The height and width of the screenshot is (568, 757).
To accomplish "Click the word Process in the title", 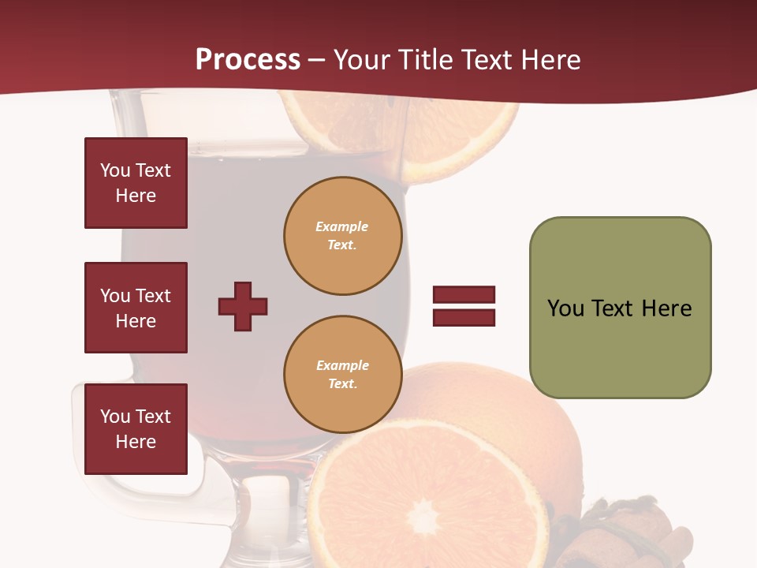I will coord(248,60).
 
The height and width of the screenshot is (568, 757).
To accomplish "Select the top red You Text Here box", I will coord(136,183).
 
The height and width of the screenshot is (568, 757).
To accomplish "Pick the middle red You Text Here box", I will coord(136,308).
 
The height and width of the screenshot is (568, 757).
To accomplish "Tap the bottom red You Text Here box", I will coord(136,429).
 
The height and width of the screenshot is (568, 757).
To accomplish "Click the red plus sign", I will coord(243,306).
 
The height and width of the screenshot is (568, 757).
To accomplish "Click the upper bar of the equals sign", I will coord(464,294).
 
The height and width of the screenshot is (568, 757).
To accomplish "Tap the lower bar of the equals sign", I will coord(464,318).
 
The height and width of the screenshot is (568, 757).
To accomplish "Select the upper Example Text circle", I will coord(342,236).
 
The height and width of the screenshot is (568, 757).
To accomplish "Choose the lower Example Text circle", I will coord(342,375).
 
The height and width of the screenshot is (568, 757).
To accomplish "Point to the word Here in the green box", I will coord(666,308).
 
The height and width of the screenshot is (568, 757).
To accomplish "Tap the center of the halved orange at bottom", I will coord(424,517).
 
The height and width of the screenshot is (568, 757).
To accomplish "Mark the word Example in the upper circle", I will coord(342,226).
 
